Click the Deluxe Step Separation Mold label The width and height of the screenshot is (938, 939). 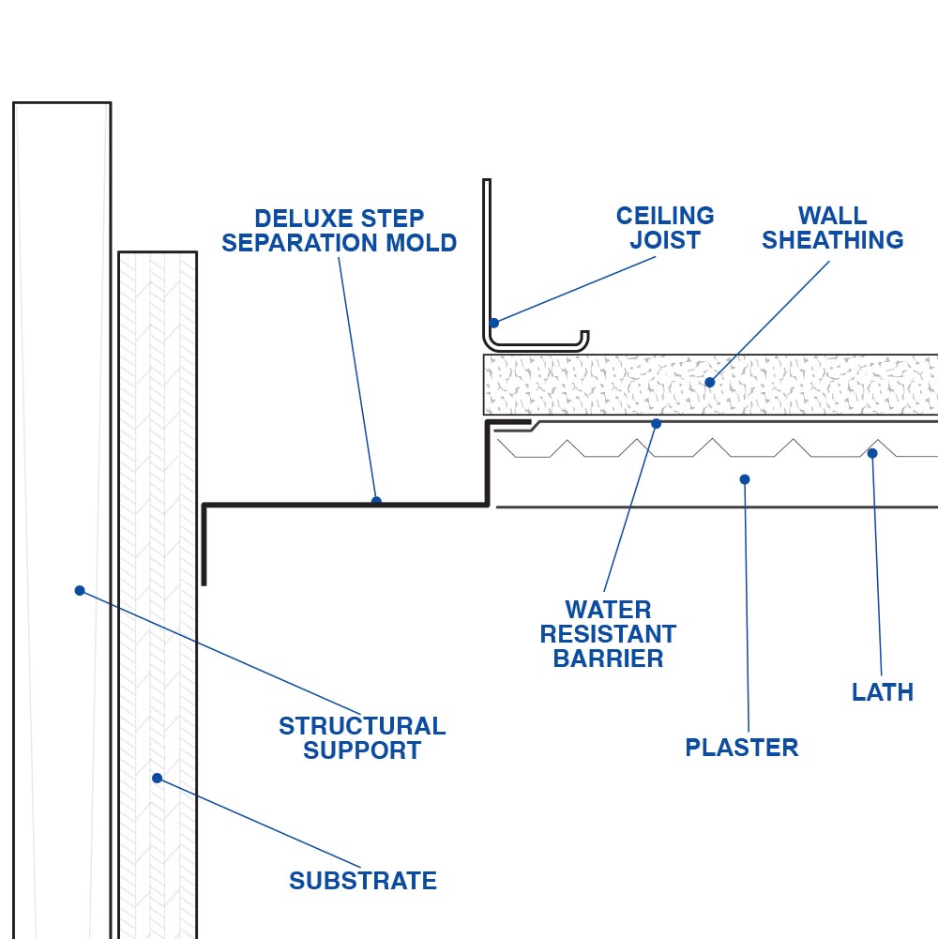coord(339,231)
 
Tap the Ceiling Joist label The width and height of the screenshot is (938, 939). coord(665,228)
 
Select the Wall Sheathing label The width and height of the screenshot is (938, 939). coord(832,228)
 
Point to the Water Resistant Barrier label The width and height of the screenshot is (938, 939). coord(608,634)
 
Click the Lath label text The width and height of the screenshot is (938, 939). coord(883,692)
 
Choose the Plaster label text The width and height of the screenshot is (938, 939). coord(742,748)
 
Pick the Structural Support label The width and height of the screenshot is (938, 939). coord(362,738)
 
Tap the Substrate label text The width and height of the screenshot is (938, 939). coord(363,881)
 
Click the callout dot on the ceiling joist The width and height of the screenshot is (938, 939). coord(494,323)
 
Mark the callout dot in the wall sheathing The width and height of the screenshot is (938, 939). coord(709,382)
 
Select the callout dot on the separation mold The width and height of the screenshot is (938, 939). coord(376,501)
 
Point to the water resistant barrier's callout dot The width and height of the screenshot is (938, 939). coord(656,424)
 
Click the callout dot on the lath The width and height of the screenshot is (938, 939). coord(872,453)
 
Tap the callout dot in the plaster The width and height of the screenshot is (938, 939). coord(745,479)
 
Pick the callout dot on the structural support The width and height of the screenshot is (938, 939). coord(80,590)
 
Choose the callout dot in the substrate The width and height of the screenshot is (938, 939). coord(157,778)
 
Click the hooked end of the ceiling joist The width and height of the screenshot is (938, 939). coord(584,337)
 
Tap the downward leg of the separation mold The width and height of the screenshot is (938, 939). coord(204,549)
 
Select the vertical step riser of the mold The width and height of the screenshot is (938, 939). coord(488,464)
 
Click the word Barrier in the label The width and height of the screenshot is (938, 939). coord(608,659)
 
